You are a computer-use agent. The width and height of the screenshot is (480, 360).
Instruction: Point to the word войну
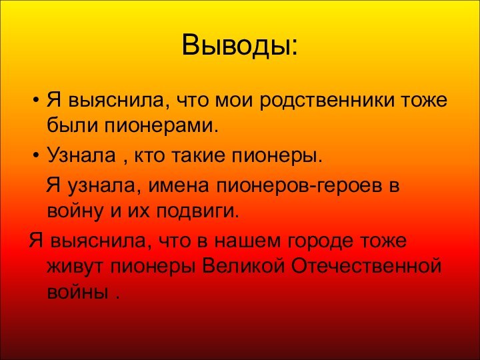[x=72, y=211]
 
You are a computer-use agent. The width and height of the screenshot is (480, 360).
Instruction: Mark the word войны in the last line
[x=77, y=293]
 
